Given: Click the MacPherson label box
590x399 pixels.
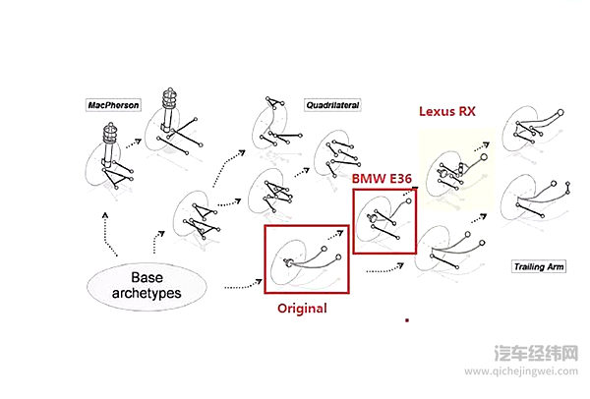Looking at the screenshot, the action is [113, 105].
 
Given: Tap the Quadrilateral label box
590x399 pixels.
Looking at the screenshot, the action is [332, 105].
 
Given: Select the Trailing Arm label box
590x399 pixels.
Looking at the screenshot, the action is [539, 266].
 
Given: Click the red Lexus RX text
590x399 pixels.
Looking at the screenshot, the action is [447, 111].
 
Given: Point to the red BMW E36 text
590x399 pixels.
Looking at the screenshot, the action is [382, 178].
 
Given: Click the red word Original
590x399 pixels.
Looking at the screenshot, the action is [302, 309].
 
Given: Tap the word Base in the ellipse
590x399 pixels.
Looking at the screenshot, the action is [147, 277].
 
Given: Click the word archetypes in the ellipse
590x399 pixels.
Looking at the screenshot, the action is [147, 293].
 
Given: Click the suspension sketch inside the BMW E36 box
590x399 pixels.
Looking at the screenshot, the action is [383, 220].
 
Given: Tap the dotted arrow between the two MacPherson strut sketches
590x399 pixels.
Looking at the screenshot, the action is [134, 143].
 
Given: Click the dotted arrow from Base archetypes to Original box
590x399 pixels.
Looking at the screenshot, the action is [243, 285].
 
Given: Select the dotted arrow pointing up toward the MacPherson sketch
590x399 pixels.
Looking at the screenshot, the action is [109, 234].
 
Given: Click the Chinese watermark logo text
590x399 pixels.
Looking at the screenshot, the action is [536, 353].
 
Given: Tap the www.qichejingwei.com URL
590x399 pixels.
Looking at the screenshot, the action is [521, 371].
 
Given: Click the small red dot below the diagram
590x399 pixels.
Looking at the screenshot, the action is [407, 320].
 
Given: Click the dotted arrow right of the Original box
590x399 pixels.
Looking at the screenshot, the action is [384, 269].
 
